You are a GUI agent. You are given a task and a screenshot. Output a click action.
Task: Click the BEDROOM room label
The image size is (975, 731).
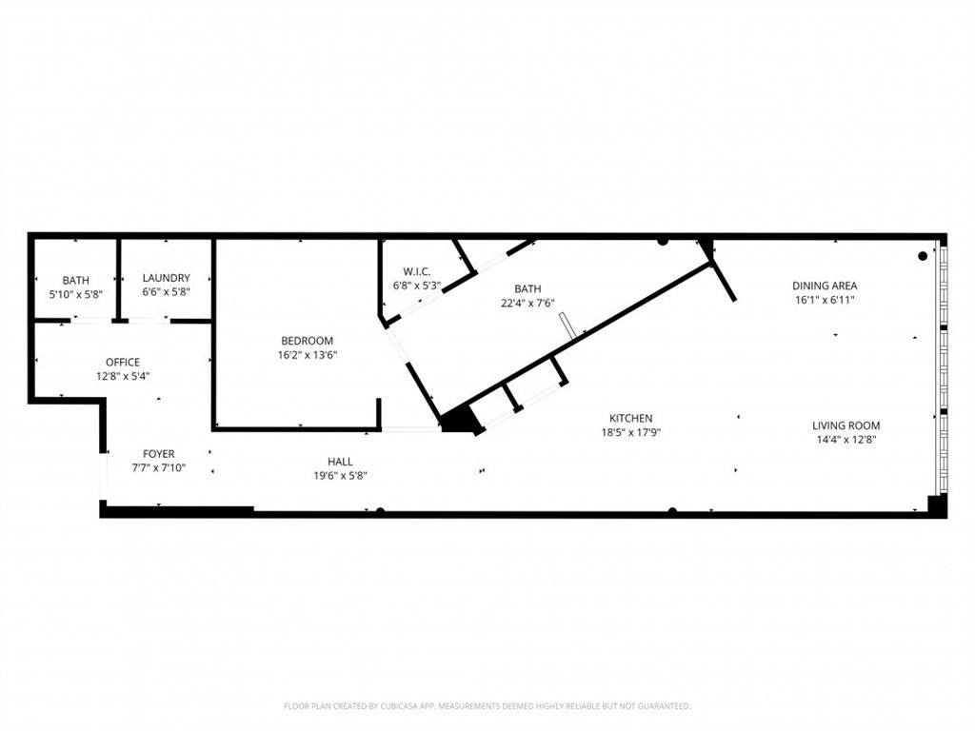307,341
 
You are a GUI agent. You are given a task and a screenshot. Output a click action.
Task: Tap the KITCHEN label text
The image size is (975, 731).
630,418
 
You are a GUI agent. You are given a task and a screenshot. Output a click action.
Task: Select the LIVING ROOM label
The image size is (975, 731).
846,425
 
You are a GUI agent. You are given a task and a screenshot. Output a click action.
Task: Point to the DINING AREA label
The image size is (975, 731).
825,286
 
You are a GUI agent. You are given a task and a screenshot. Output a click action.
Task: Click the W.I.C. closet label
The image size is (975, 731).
417,271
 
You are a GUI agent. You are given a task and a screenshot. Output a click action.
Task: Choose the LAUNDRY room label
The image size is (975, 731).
166,278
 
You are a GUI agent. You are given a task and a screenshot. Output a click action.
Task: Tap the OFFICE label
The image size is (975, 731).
123,362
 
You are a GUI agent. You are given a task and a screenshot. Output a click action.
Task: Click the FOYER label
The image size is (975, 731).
158,454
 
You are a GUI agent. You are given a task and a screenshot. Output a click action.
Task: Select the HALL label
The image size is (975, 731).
340,462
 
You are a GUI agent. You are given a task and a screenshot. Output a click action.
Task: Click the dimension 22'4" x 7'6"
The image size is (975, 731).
527,303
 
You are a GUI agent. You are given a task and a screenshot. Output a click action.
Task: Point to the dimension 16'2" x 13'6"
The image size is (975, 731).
307,355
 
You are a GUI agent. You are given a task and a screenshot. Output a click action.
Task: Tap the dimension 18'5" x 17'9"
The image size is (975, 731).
630,432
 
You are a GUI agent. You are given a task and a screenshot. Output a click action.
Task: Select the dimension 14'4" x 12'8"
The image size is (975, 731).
846,440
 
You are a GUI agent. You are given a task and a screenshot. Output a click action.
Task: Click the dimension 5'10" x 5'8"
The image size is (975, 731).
76,295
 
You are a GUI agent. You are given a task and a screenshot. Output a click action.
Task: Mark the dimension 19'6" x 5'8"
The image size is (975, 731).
340,476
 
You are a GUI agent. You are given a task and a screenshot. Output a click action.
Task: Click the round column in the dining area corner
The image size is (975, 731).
922,255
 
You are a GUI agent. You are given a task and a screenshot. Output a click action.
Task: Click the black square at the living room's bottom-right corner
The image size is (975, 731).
937,505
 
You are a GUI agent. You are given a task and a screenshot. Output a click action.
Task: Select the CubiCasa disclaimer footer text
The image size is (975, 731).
487,706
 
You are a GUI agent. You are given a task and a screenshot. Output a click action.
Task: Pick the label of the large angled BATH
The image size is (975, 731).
527,288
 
